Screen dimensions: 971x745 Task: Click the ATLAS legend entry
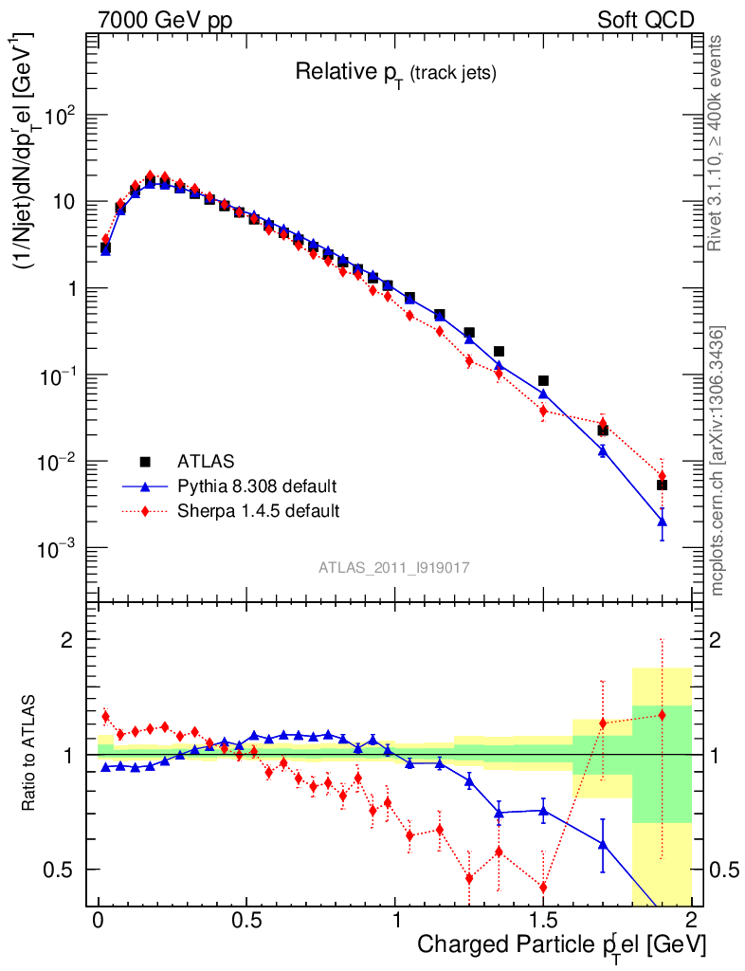[x=205, y=462]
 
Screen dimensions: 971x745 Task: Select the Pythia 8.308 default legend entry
[x=257, y=486]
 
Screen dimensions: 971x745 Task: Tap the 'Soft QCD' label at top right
[x=645, y=20]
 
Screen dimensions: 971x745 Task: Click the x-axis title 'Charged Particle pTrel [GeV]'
[x=561, y=944]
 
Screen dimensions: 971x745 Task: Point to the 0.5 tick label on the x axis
[x=246, y=920]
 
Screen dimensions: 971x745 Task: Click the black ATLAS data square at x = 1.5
[x=543, y=380]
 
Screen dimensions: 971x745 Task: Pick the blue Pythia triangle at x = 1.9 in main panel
[x=662, y=521]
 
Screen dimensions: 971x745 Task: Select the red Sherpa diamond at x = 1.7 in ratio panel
[x=602, y=724]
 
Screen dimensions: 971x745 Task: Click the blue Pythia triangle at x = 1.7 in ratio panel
[x=602, y=844]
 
